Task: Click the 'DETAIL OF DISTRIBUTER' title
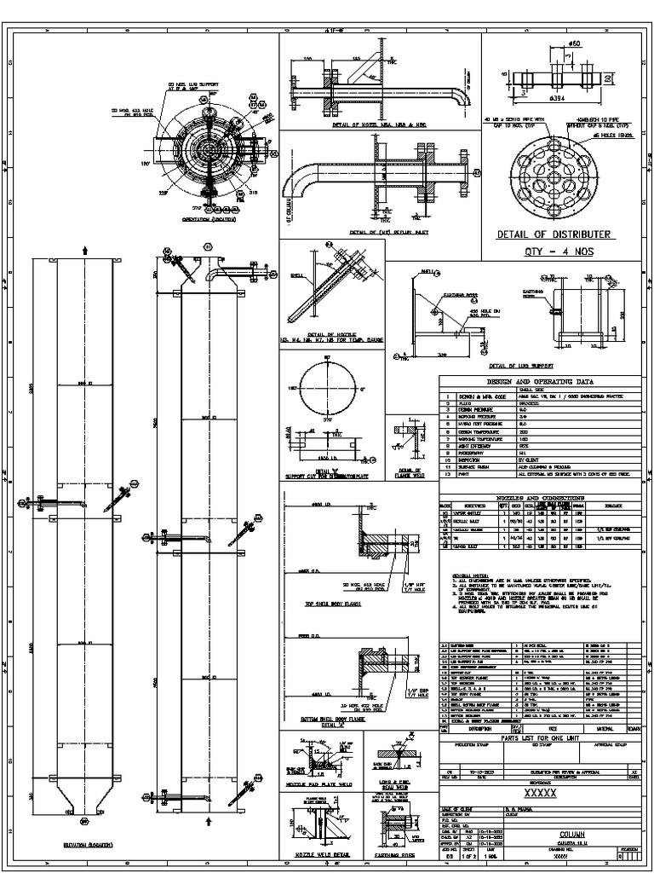tap(555, 234)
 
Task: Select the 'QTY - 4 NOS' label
tap(555, 252)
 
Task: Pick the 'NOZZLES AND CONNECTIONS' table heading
tap(542, 496)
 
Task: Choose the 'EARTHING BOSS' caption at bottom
tap(399, 853)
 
